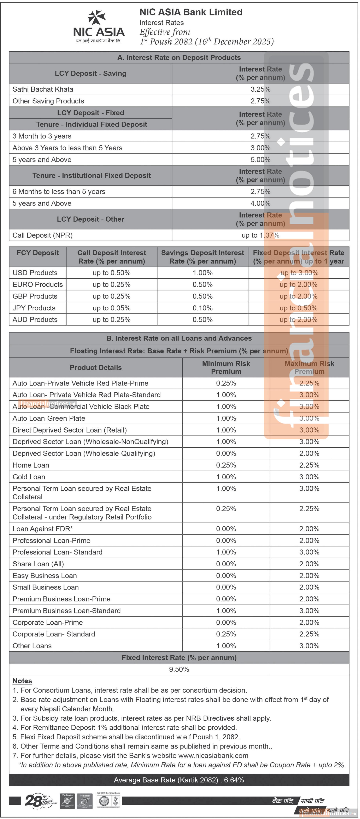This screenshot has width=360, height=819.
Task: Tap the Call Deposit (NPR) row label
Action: click(43, 235)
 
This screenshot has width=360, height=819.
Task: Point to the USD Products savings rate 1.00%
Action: click(203, 273)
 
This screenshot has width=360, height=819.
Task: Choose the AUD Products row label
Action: click(35, 320)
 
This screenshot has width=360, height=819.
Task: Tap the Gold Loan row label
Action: click(29, 477)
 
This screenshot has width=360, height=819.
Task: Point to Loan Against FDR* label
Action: click(43, 529)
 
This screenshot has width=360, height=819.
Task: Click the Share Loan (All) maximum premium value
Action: click(309, 564)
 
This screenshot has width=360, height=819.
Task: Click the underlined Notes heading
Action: click(22, 681)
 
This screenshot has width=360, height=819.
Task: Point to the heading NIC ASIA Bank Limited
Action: click(191, 12)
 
